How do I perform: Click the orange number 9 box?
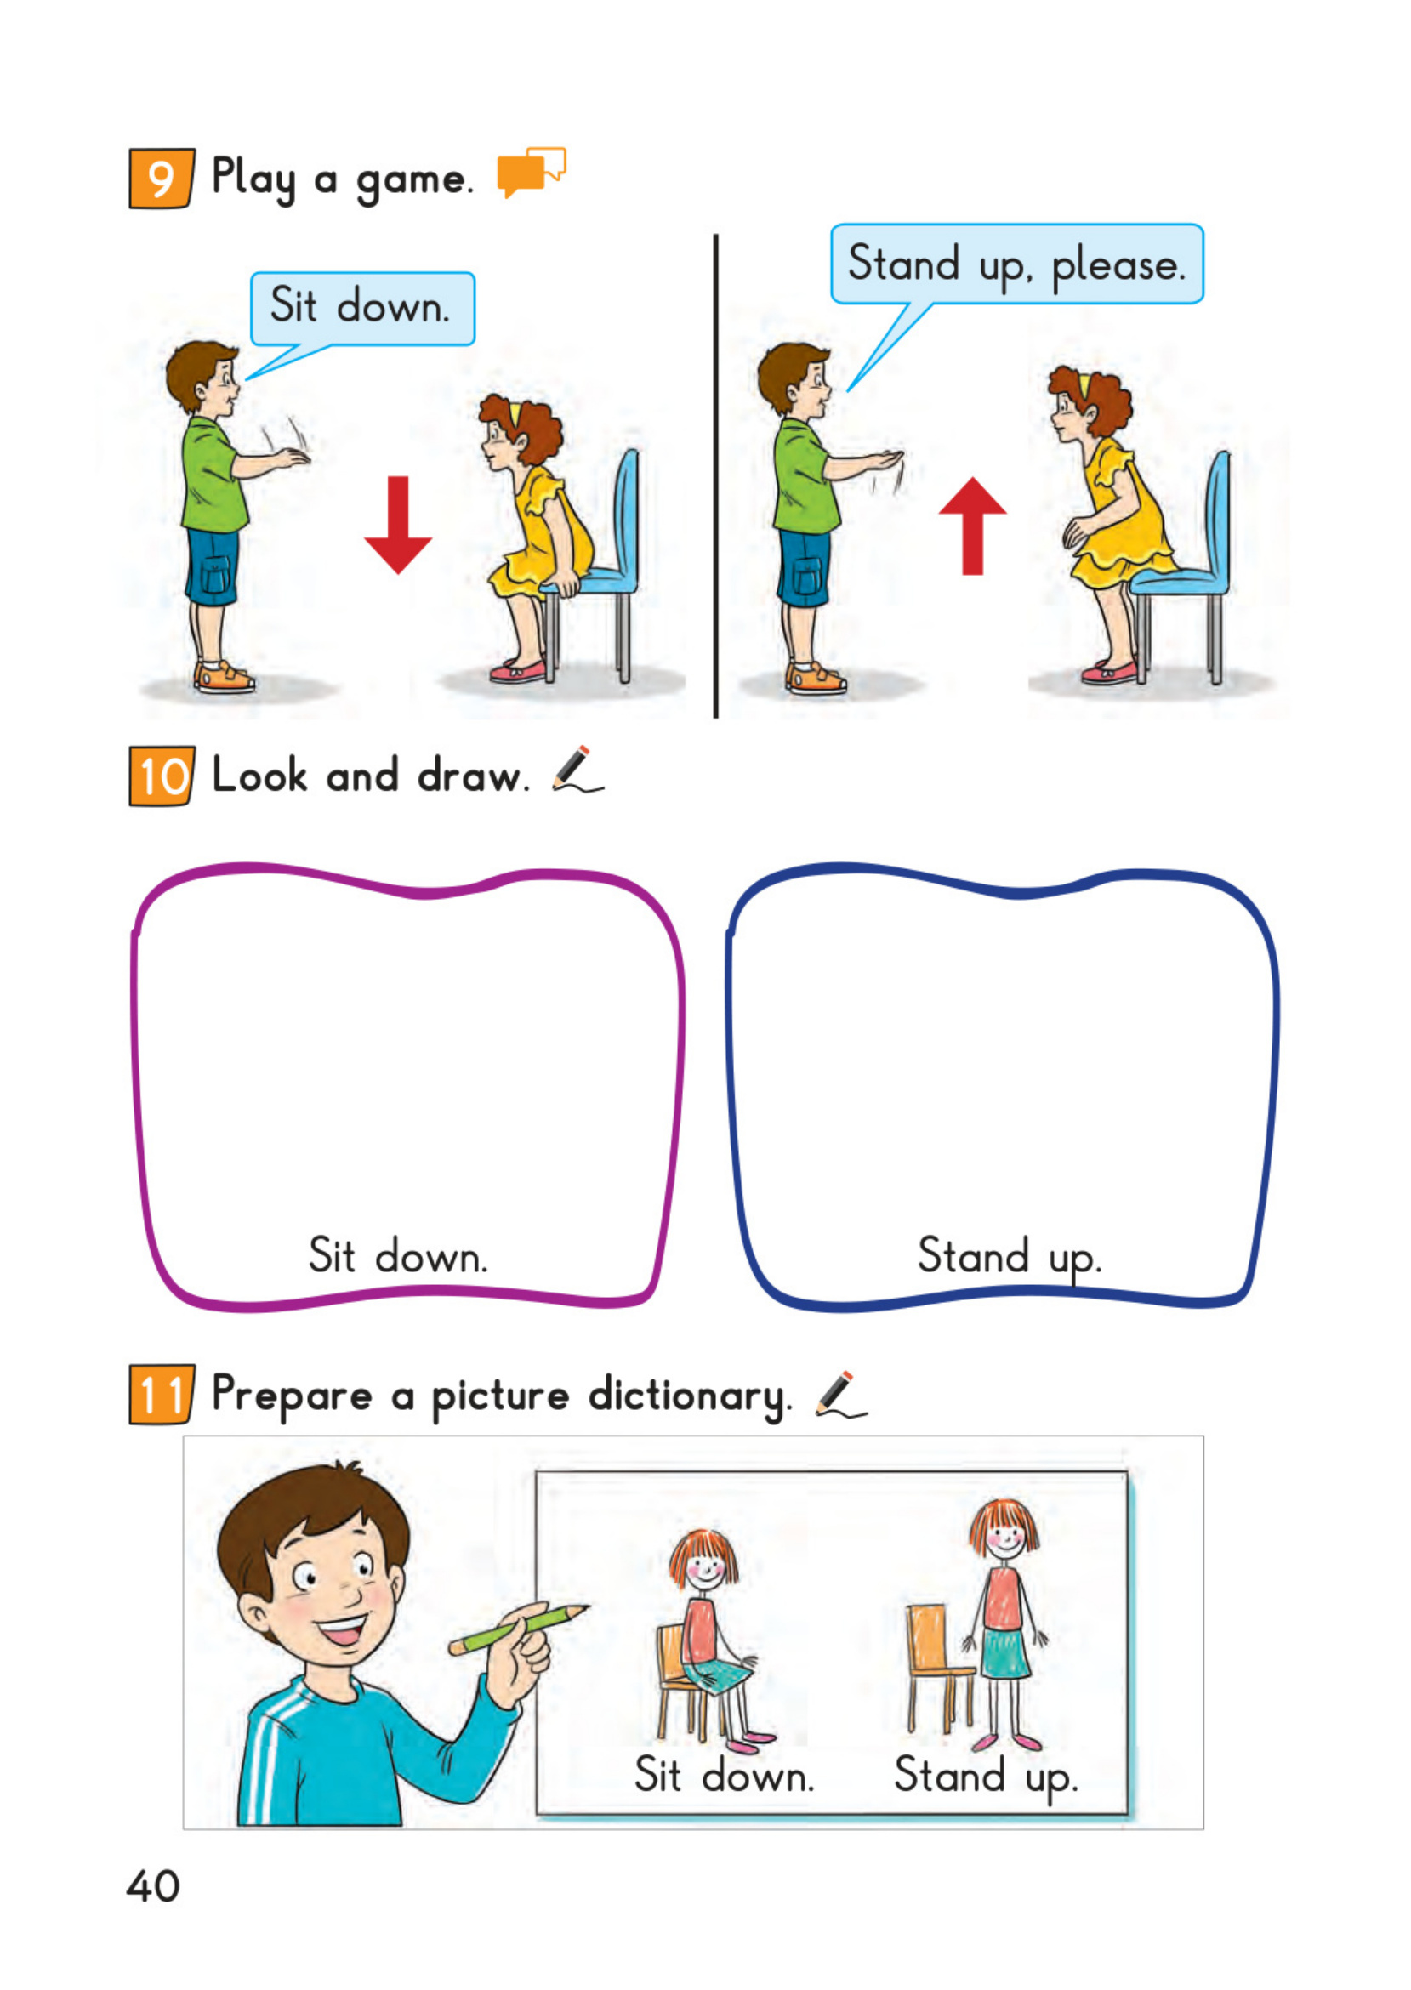162,178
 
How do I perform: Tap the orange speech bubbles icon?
531,171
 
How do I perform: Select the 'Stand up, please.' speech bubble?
1016,264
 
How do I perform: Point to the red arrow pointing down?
398,525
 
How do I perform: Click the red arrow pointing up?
972,526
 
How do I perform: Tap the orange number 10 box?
162,776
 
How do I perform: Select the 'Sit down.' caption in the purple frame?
398,1257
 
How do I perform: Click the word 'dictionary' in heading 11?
690,1396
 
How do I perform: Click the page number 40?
153,1886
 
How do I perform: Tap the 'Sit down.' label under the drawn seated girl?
724,1775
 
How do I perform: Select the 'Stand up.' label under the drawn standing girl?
986,1777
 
